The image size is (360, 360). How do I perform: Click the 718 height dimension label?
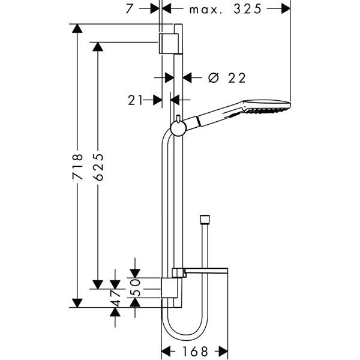click(x=77, y=167)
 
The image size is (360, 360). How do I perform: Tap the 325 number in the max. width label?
click(x=248, y=10)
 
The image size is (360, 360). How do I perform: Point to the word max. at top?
click(x=206, y=10)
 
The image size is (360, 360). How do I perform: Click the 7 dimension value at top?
click(x=130, y=9)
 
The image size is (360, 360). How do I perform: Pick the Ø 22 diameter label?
click(x=227, y=78)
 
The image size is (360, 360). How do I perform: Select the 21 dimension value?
click(x=135, y=100)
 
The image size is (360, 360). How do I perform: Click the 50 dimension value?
click(x=135, y=287)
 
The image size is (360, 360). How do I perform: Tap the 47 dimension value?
click(x=115, y=298)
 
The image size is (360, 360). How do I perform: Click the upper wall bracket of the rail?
click(x=168, y=44)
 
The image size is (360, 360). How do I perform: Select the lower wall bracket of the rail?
click(x=169, y=288)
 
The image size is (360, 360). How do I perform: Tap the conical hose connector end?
click(x=205, y=219)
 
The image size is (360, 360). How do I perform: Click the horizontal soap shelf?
click(x=206, y=271)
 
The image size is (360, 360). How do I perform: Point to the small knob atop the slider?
click(x=178, y=118)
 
